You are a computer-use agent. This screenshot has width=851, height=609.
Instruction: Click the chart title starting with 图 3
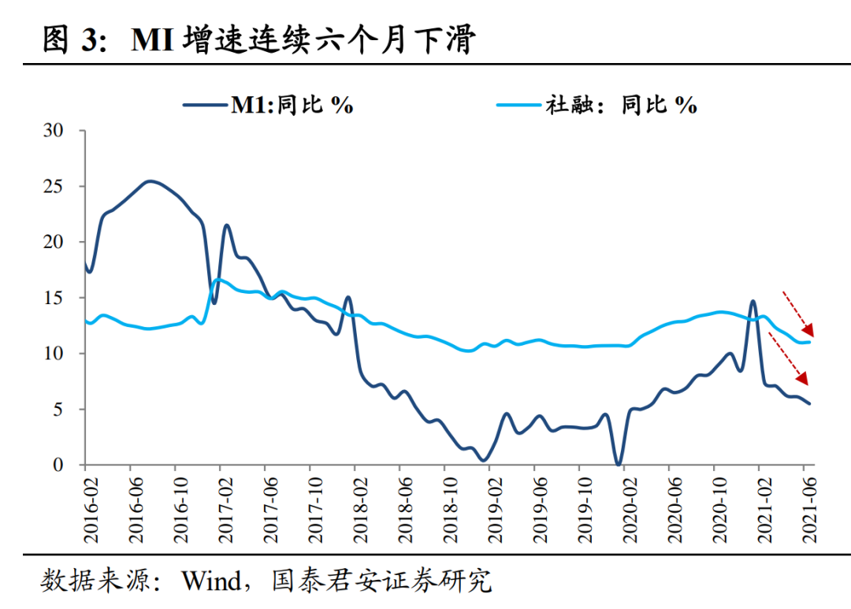coord(258,39)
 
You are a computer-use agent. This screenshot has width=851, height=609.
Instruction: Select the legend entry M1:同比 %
coord(268,105)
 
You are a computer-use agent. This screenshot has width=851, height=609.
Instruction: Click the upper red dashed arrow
coord(797,312)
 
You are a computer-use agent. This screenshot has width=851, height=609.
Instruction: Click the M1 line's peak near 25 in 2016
coord(151,181)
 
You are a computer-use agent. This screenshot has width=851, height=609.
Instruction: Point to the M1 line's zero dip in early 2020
coord(619,463)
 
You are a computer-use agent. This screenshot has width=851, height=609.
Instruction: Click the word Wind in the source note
coord(212,582)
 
